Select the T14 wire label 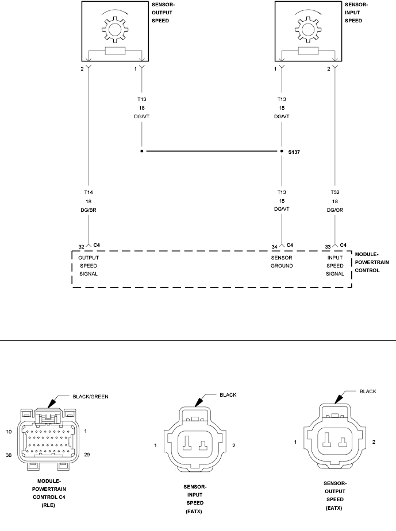(88, 192)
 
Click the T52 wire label (336, 192)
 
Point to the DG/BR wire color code (88, 211)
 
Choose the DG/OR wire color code (336, 211)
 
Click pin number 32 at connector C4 (82, 247)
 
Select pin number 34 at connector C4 (275, 247)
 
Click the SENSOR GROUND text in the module (282, 262)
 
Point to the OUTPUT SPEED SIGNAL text (89, 266)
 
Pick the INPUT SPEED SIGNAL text (335, 266)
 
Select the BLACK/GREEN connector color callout (90, 396)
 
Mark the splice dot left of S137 (142, 152)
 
